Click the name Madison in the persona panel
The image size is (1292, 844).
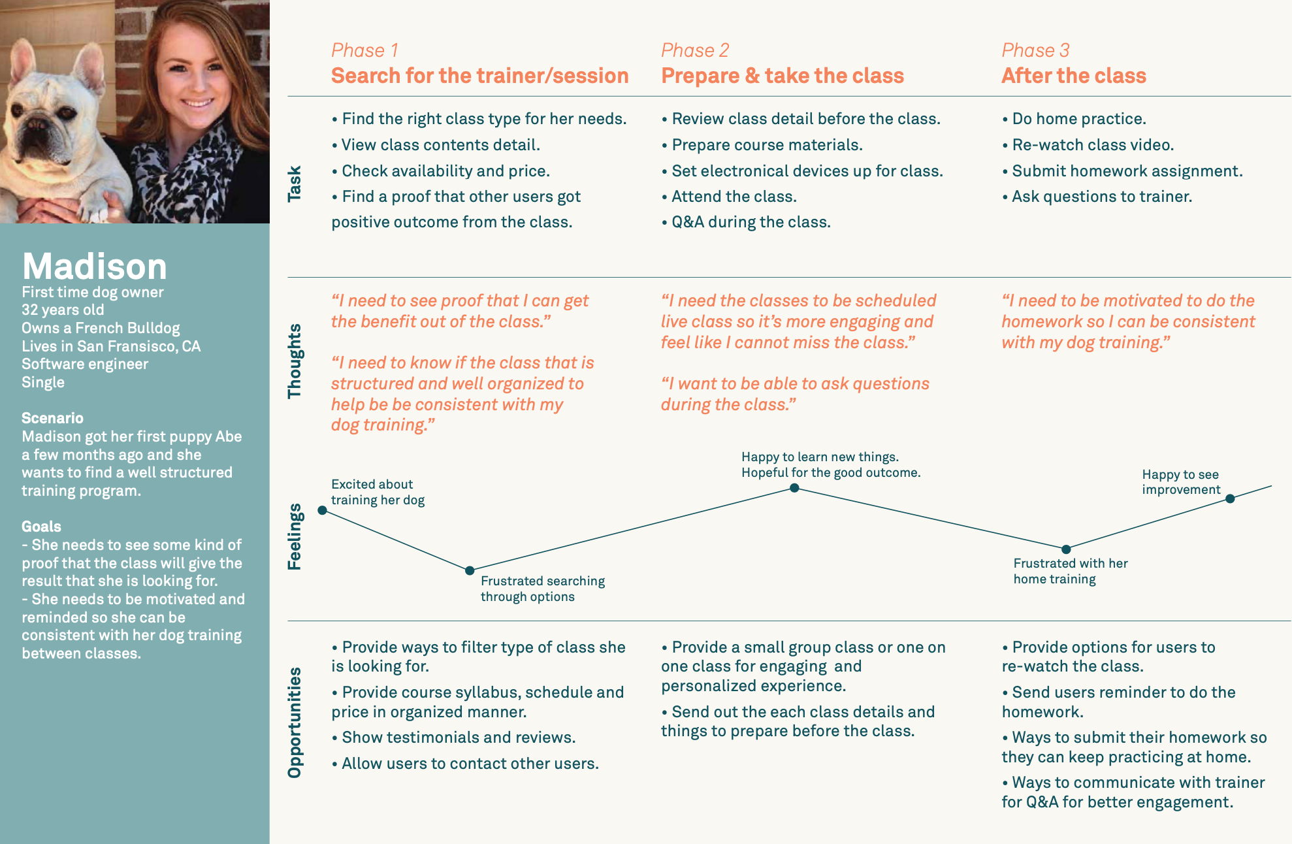pos(95,267)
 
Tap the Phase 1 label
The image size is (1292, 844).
pos(364,50)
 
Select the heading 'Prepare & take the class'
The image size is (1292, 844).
pos(783,76)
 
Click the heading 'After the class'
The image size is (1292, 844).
pos(1074,76)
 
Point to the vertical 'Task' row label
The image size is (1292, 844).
pos(295,184)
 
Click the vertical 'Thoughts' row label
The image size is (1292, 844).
pos(295,361)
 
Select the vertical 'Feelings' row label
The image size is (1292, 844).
pos(295,536)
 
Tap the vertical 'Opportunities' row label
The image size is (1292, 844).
pos(295,722)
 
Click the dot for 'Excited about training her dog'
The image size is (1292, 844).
pos(322,510)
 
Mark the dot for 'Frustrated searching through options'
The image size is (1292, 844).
pos(470,570)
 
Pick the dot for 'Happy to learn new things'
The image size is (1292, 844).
pos(794,488)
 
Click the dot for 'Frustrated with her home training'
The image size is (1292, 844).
pos(1066,549)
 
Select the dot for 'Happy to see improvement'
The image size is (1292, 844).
pos(1230,498)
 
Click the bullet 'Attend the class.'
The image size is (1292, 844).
pos(729,197)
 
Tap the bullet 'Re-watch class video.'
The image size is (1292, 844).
pos(1088,145)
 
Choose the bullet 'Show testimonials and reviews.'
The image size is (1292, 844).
pos(453,738)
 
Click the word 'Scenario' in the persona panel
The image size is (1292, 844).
pos(52,418)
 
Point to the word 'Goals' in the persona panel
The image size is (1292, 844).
pos(41,527)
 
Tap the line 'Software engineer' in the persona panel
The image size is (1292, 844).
pos(85,365)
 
